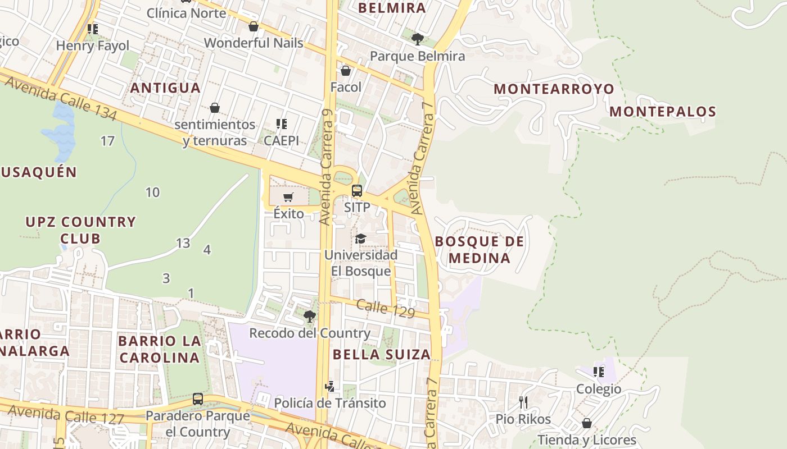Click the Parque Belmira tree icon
coord(417,39)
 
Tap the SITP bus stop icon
coord(357,191)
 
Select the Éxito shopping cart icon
coord(288,197)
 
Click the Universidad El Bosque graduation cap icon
coord(360,239)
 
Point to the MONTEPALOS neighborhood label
coord(663,112)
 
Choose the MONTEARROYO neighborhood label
coord(554,89)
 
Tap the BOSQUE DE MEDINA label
coord(480,250)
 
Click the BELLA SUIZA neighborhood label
coord(382,354)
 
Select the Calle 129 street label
coord(385,309)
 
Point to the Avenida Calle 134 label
coord(61,99)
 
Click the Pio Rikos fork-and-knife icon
coord(523,402)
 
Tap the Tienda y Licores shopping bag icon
coord(587,423)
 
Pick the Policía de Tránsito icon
coord(330,386)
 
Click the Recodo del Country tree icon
coord(309,317)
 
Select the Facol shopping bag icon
coord(346,71)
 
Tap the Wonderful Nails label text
coord(254,43)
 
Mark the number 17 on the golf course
coord(107,141)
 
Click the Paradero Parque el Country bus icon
coord(198,399)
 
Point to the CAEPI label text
coord(282,140)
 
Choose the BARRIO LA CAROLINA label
coord(160,349)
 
